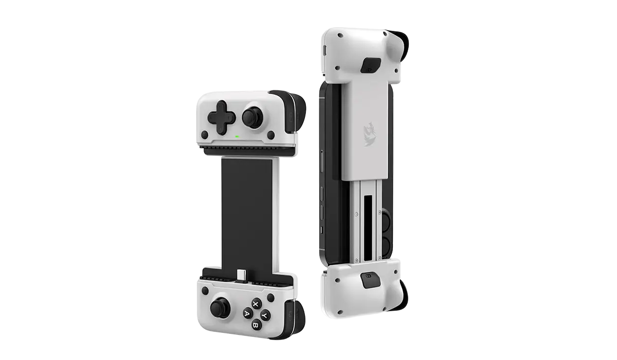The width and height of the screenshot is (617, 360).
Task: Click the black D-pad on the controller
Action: tap(222, 118)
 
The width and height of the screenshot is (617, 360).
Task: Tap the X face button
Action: tap(256, 304)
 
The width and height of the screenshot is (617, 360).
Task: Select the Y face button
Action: tap(265, 315)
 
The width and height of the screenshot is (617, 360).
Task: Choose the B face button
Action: tap(256, 326)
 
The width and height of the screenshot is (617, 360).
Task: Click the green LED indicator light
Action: tap(237, 136)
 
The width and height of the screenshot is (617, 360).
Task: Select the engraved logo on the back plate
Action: tap(370, 134)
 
